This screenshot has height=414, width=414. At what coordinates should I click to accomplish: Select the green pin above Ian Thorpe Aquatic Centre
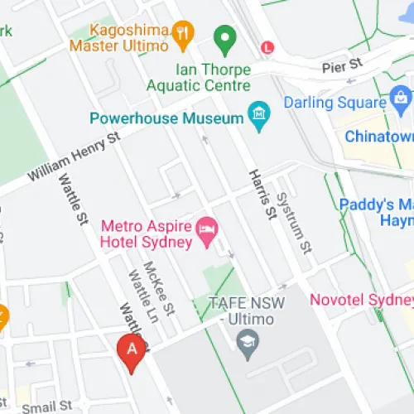pos(223,38)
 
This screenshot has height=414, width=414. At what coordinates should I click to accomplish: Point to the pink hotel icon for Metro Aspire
pos(206,226)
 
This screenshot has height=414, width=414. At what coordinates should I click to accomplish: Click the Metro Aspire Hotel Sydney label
pos(146,233)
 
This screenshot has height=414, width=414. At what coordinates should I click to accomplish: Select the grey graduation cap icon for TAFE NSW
pos(247,340)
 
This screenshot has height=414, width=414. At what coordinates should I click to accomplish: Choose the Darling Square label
pos(335,103)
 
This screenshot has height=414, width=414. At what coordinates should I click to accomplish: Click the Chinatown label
pos(378,136)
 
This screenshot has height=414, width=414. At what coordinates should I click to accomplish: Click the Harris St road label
pos(262,195)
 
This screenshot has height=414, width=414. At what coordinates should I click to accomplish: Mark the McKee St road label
pos(159,290)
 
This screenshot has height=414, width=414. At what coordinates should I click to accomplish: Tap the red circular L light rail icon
pos(267,48)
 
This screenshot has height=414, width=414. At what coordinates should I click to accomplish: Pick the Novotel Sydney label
pos(361,299)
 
